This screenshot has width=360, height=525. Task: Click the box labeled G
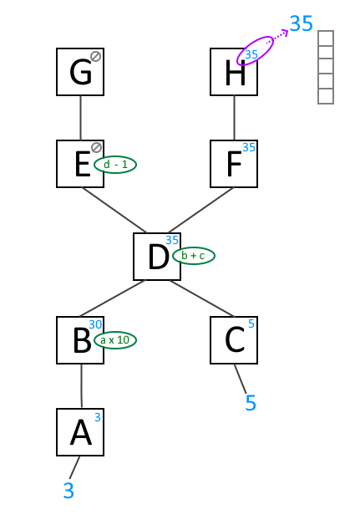[x=80, y=72]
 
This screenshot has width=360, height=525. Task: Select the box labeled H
[x=234, y=72]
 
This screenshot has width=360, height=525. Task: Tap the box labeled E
[x=80, y=164]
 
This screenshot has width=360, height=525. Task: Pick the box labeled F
[x=234, y=164]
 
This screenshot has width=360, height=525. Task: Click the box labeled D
[x=157, y=257]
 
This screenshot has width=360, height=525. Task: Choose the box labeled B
[x=80, y=340]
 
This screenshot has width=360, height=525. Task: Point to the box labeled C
[x=234, y=340]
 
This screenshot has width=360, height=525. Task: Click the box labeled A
[x=80, y=432]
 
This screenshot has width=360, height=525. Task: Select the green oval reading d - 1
[x=115, y=165]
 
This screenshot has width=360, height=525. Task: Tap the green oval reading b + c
[x=194, y=256]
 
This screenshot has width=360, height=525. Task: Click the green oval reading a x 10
[x=115, y=340]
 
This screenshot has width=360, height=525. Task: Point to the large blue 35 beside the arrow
[x=302, y=23]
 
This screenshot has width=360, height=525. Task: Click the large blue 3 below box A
[x=68, y=491]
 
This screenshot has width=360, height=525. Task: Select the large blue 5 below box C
[x=251, y=403]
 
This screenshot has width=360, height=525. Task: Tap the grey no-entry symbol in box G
[x=96, y=56]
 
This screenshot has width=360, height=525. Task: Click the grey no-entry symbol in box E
[x=96, y=147]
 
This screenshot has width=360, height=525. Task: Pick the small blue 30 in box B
[x=95, y=324]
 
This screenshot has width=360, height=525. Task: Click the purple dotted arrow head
[x=285, y=33]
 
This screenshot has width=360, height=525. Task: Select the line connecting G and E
[x=80, y=118]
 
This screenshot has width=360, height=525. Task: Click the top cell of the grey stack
[x=326, y=38]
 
